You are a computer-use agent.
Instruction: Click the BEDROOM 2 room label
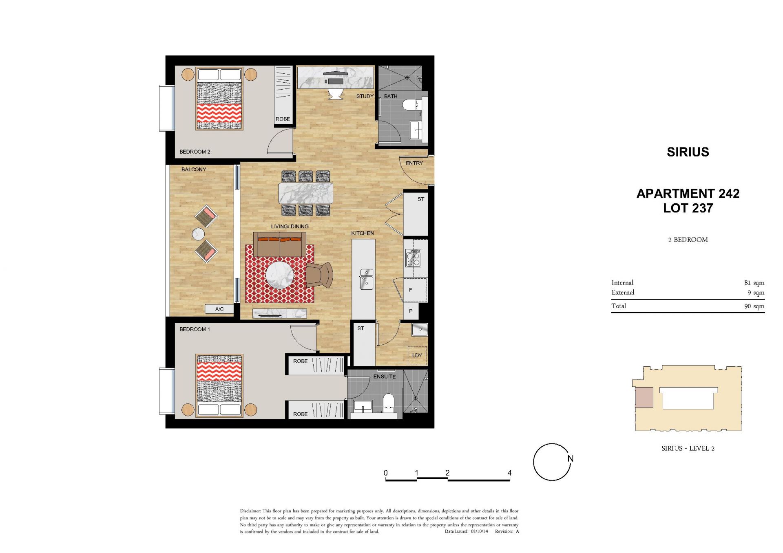coord(195,152)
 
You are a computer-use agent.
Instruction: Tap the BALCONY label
coord(194,169)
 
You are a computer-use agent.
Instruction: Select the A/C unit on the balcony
coord(219,309)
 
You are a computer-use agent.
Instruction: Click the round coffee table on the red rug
coord(280,275)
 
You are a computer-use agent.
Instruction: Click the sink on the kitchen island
coord(366,280)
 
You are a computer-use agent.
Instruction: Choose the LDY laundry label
coord(417,355)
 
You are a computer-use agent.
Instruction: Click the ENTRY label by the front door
coord(414,163)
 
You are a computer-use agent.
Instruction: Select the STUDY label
coord(365,96)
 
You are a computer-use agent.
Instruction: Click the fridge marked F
coord(415,290)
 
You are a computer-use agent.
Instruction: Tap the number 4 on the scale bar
coord(509,473)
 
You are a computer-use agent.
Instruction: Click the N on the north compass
coord(571,458)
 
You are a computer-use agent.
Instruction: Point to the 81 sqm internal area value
coord(754,282)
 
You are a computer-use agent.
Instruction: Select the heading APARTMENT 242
coord(688,194)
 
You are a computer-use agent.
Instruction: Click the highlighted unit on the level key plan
coord(644,397)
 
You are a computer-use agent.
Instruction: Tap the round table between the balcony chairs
coord(199,234)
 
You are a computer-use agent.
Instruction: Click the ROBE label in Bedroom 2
coord(283,119)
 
